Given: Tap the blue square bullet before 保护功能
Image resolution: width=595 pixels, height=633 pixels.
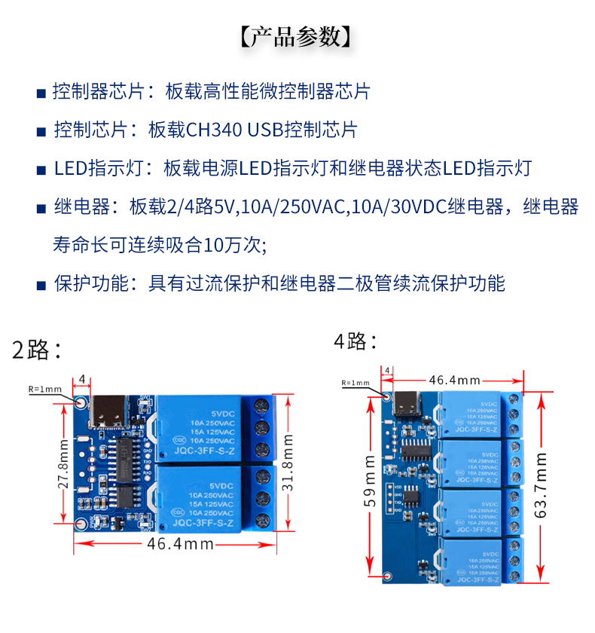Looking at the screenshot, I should click(41, 285).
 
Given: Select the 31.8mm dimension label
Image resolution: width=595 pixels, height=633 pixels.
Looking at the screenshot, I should click(287, 462).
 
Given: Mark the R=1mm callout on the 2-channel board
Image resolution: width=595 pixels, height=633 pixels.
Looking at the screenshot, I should click(45, 389).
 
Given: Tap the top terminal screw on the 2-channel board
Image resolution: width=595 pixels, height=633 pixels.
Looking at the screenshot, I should click(263, 408).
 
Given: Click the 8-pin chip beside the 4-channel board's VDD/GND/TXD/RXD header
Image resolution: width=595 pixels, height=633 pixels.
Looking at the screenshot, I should click(412, 495).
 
